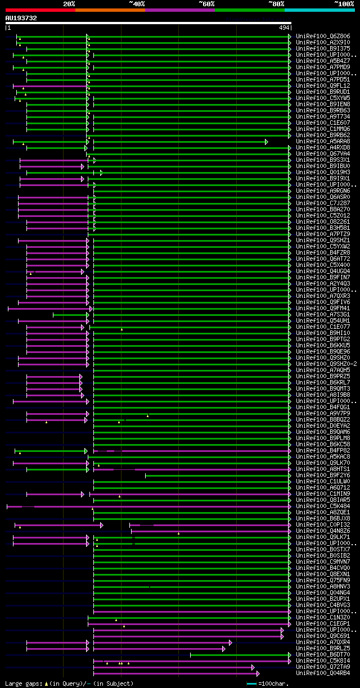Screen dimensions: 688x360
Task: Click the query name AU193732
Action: point(21,18)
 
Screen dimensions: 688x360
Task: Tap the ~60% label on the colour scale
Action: point(206,4)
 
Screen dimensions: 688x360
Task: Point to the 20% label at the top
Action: point(69,4)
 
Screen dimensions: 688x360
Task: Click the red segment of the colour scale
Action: point(40,10)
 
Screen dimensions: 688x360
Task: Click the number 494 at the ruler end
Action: point(284,28)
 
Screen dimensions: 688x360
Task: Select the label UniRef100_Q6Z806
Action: point(323,36)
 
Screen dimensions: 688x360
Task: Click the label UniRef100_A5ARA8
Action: point(323,142)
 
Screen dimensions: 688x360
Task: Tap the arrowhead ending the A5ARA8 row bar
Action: point(267,142)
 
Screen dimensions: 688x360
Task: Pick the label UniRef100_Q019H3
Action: point(323,173)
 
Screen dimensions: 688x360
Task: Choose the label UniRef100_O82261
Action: point(323,221)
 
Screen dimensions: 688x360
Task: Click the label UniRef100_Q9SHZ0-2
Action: point(326,364)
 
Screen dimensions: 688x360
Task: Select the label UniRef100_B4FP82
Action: point(323,450)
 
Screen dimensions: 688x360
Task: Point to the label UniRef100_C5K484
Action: point(323,506)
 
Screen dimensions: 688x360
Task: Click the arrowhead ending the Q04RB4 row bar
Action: point(258,673)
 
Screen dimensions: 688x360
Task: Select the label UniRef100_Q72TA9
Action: point(323,667)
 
